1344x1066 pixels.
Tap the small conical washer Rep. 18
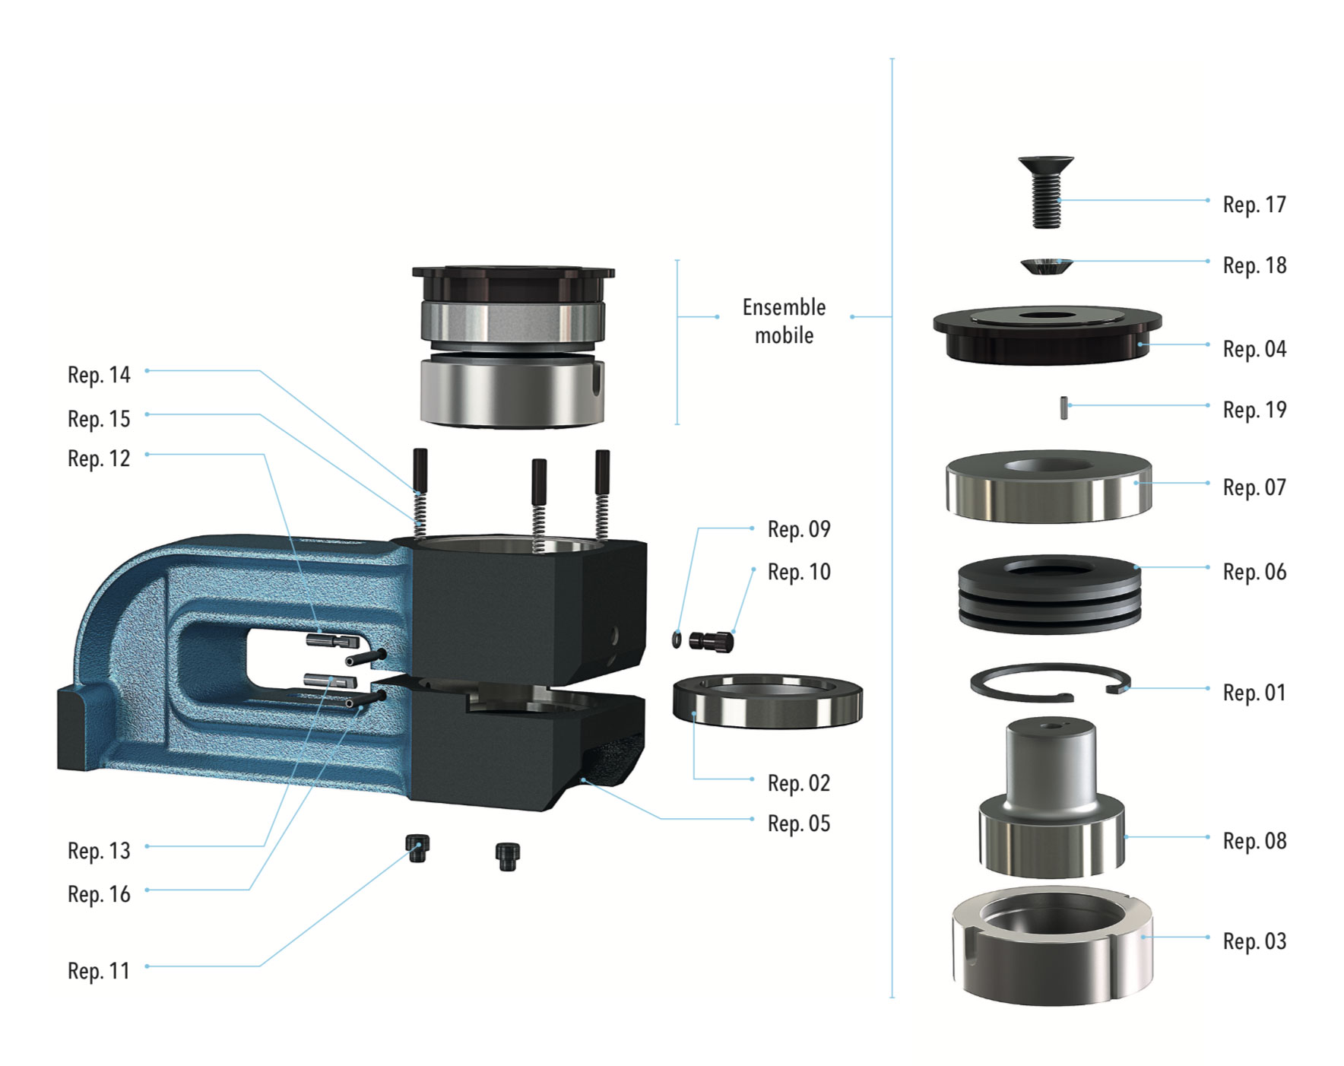[x=1047, y=266]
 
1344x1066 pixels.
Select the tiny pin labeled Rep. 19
[x=1063, y=408]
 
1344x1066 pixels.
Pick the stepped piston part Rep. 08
[x=1051, y=798]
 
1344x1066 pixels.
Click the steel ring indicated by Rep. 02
[x=768, y=700]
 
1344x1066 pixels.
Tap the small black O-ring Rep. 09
[x=677, y=639]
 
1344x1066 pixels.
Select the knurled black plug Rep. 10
[x=711, y=641]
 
